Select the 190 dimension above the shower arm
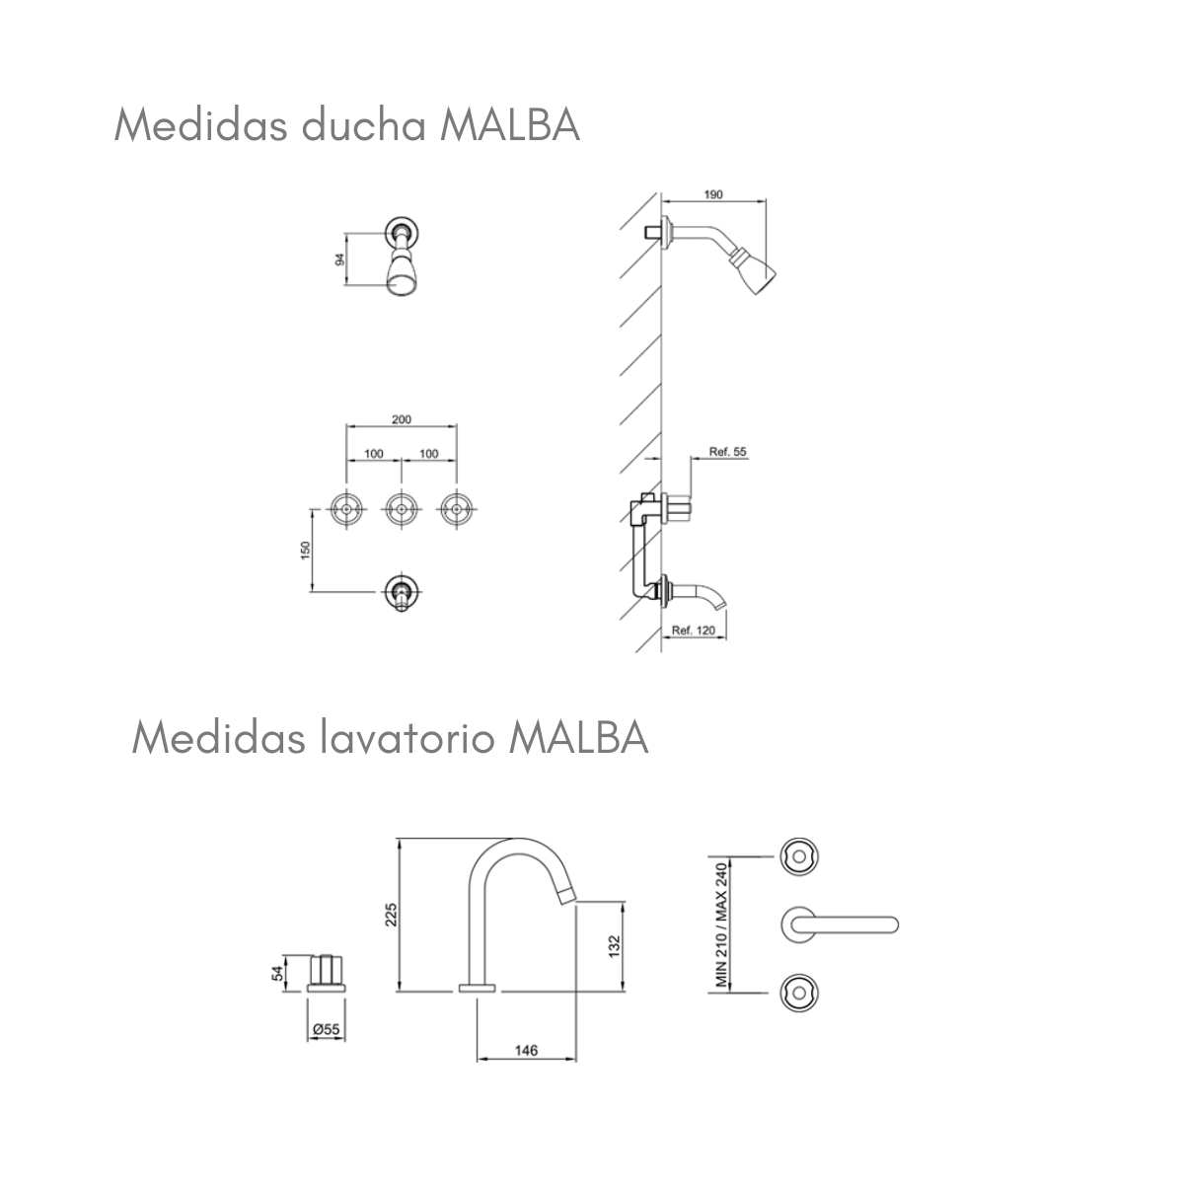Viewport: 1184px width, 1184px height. tap(713, 194)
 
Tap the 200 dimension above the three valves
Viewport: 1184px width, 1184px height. tap(401, 419)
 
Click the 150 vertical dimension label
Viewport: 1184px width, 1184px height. tap(305, 549)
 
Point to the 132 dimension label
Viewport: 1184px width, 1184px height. tap(613, 945)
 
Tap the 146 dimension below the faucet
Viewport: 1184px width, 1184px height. tap(526, 1051)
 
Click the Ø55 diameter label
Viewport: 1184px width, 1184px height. tap(326, 1029)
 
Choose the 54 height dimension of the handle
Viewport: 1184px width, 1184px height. tap(278, 972)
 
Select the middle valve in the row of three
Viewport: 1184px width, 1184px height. tap(401, 509)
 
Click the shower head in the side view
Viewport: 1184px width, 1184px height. tap(755, 271)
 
